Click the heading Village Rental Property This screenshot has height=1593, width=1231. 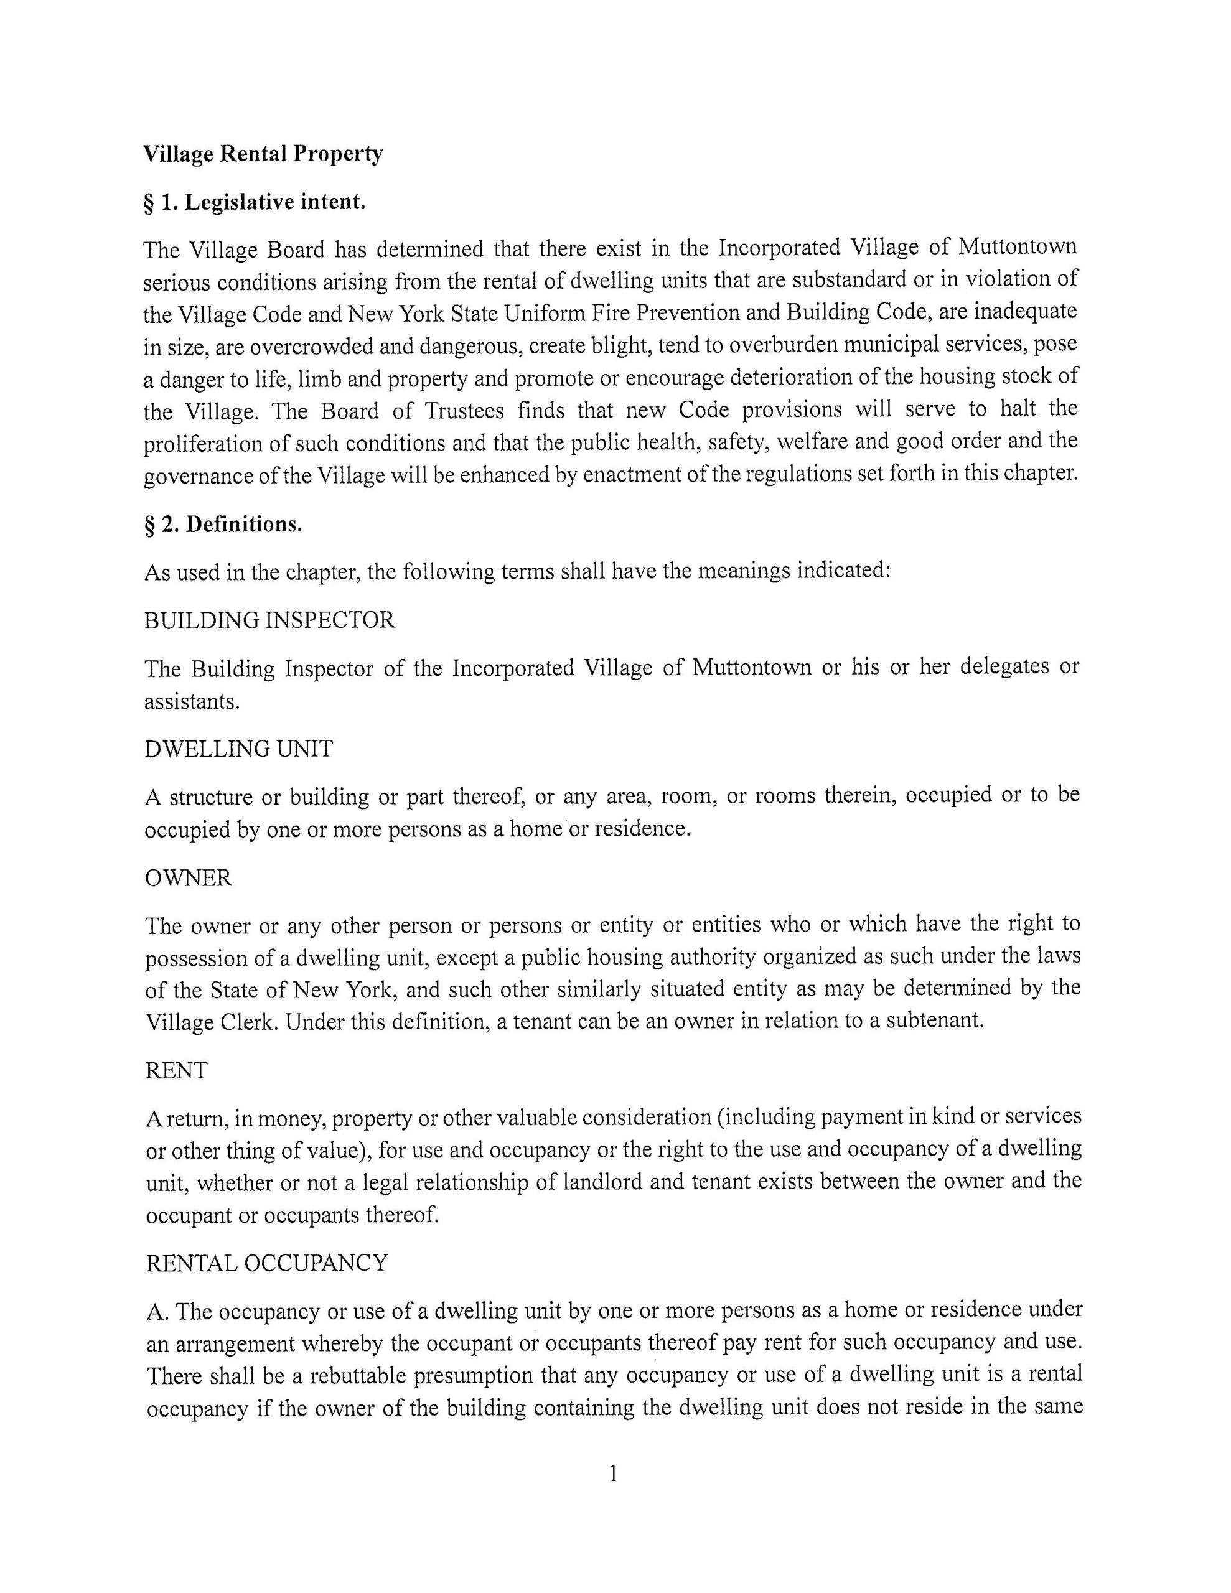[263, 154]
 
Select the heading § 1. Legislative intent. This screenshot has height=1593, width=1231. [255, 202]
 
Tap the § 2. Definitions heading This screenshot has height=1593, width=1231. [223, 525]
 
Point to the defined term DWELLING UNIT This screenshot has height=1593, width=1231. [238, 749]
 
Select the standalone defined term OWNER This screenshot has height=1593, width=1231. [189, 877]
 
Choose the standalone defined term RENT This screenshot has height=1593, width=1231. [177, 1070]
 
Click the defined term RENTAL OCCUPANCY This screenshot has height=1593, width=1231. [267, 1263]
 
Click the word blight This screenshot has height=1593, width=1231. [622, 345]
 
